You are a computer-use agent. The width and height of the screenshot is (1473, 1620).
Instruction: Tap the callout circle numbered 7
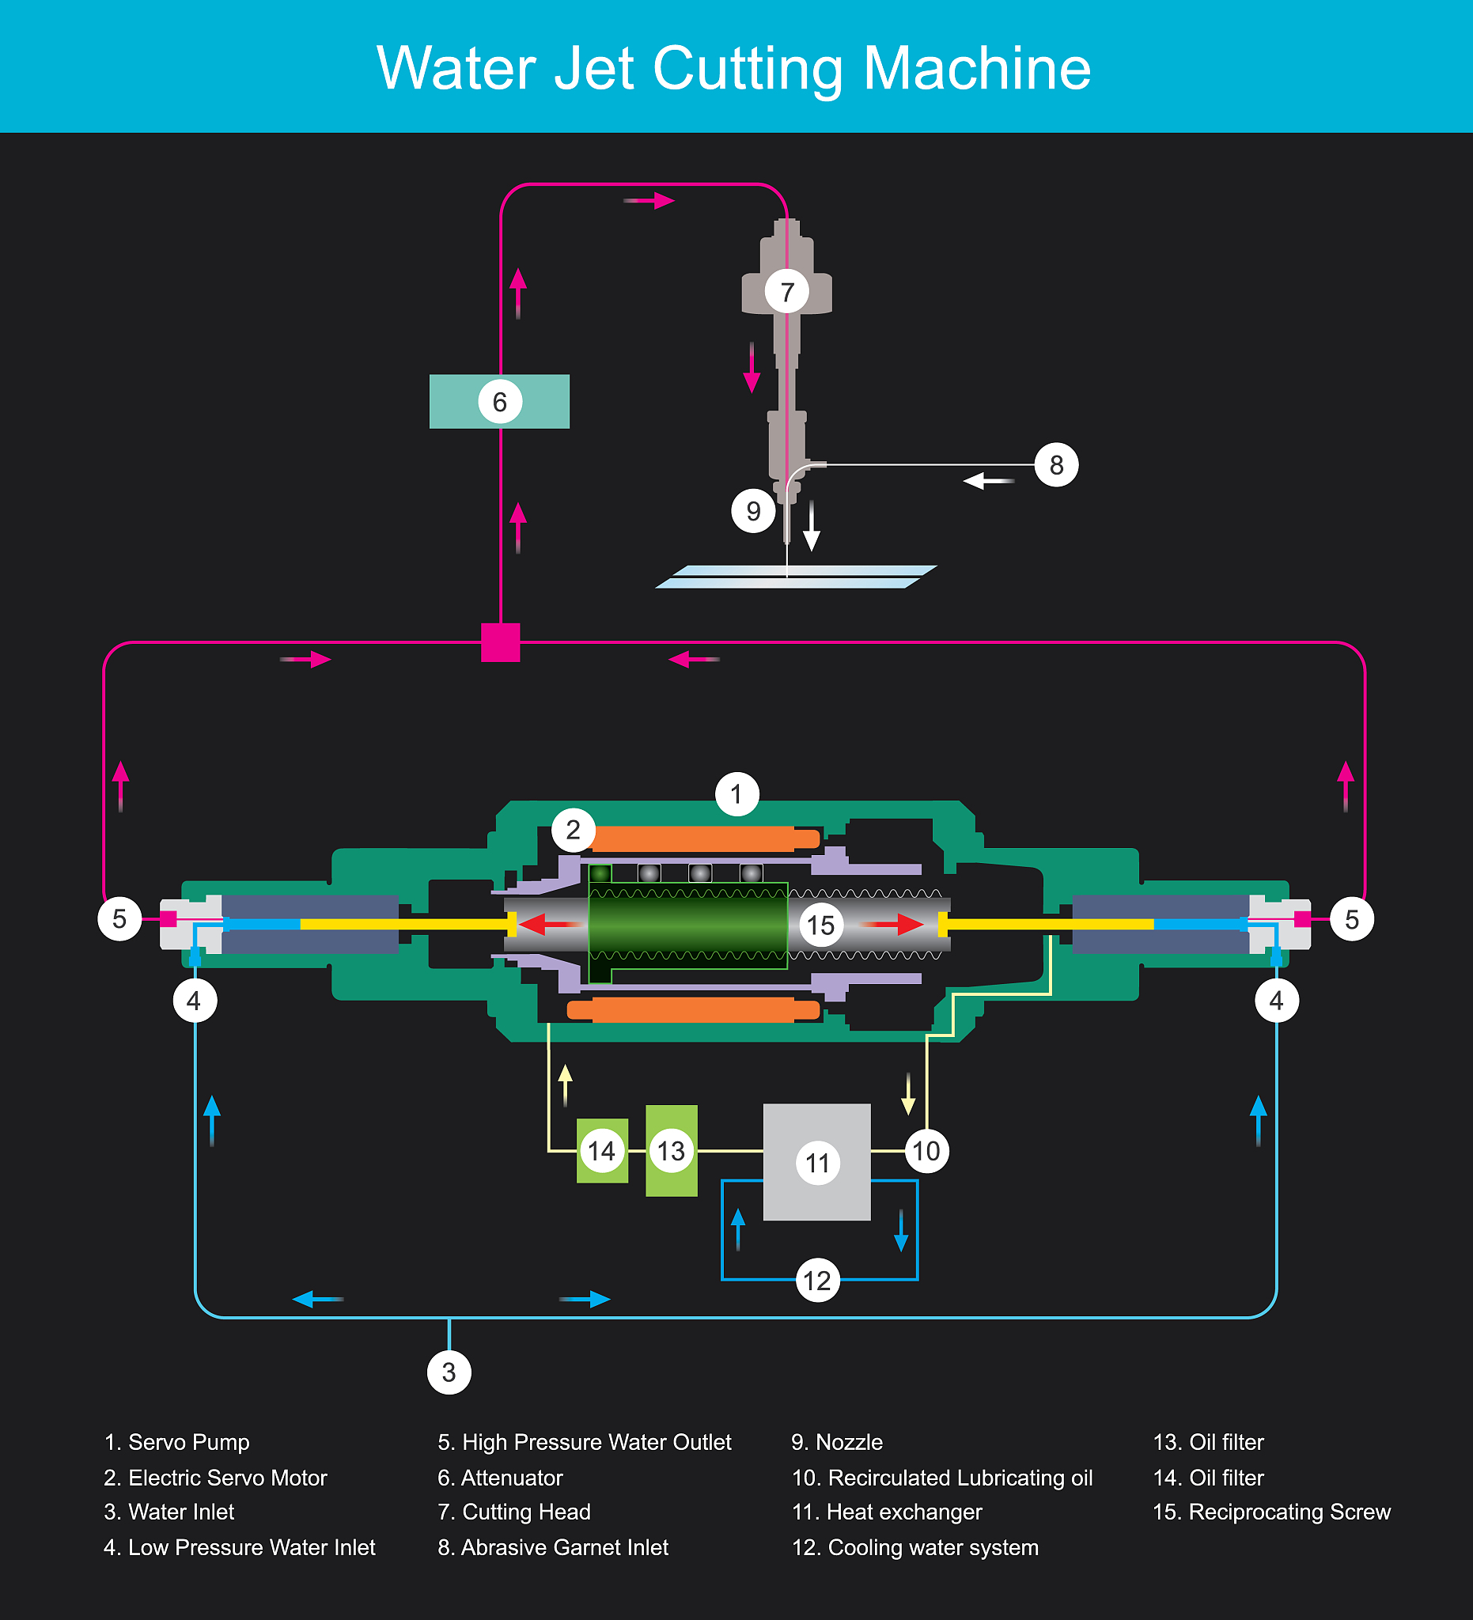[x=786, y=291]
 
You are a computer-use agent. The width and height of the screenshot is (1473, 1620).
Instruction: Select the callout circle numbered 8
[x=1056, y=464]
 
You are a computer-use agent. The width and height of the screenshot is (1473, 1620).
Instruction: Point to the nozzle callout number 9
[x=753, y=511]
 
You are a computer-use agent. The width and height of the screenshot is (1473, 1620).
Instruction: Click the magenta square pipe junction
[x=500, y=642]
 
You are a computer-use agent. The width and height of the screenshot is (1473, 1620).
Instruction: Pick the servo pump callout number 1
[x=736, y=794]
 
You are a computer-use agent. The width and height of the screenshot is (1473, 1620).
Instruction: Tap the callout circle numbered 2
[x=573, y=829]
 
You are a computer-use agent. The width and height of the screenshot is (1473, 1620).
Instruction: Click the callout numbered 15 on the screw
[x=820, y=925]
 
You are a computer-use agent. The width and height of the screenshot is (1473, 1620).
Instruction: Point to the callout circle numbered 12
[x=817, y=1280]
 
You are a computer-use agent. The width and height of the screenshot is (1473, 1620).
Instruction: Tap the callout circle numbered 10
[x=926, y=1151]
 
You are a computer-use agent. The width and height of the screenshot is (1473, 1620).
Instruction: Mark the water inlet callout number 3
[x=449, y=1372]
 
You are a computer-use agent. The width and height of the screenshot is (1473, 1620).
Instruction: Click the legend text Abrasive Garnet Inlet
[x=553, y=1548]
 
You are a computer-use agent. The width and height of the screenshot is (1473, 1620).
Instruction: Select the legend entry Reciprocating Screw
[x=1271, y=1512]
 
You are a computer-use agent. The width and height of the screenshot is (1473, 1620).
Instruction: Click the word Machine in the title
[x=976, y=68]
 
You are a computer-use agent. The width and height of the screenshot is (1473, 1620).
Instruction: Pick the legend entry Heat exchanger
[x=887, y=1512]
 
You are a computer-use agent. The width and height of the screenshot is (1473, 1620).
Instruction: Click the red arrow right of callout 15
[x=896, y=925]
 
